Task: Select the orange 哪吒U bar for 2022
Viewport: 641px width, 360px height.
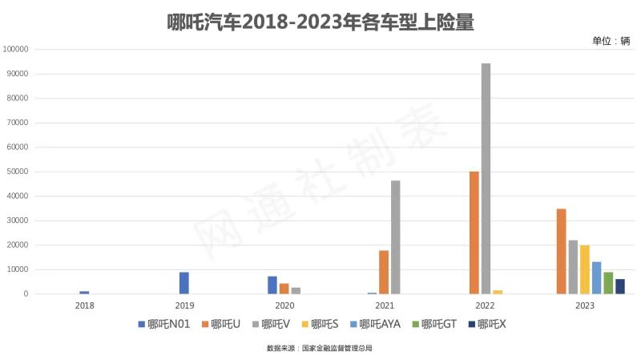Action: tap(474, 233)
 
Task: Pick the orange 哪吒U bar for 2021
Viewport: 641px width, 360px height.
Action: tap(384, 273)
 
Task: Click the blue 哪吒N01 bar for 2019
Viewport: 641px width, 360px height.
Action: tap(184, 283)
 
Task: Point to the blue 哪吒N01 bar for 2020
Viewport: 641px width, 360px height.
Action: tap(272, 285)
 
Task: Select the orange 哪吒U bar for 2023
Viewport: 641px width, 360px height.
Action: tap(562, 252)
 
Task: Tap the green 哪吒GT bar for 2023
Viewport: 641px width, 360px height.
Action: tap(608, 283)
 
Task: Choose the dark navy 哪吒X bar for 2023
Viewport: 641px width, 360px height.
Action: tap(620, 286)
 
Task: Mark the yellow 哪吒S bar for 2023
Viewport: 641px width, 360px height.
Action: tap(585, 269)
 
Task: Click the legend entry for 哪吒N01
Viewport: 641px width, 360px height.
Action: tap(164, 324)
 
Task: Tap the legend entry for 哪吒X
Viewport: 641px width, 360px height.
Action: tap(488, 324)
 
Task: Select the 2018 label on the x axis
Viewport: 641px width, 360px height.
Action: tap(84, 305)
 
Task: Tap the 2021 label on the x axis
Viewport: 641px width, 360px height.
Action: tap(385, 305)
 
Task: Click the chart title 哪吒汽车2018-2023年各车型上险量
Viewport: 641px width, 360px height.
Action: tap(320, 22)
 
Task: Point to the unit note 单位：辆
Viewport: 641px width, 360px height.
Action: tap(611, 41)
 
